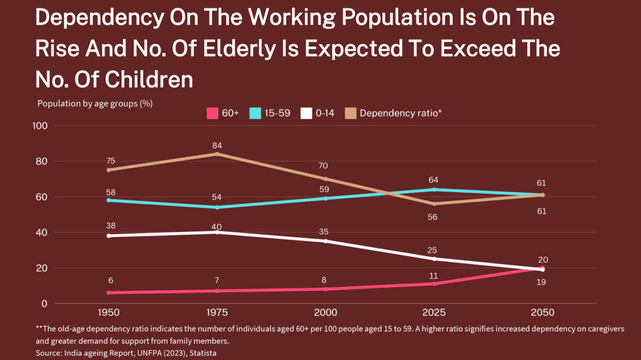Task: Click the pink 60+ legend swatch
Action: pyautogui.click(x=213, y=113)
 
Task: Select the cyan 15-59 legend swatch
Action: pyautogui.click(x=256, y=113)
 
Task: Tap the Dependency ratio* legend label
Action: pyautogui.click(x=400, y=113)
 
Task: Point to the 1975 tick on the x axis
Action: pyautogui.click(x=217, y=313)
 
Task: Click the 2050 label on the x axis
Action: pyautogui.click(x=542, y=313)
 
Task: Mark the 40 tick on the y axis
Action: pyautogui.click(x=43, y=232)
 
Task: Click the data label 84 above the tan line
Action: pyautogui.click(x=218, y=145)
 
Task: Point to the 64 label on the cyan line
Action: pyautogui.click(x=434, y=180)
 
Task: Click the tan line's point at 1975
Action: pyautogui.click(x=218, y=154)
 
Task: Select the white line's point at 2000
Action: pyautogui.click(x=325, y=241)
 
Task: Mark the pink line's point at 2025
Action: pyautogui.click(x=434, y=284)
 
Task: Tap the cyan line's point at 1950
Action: pyautogui.click(x=108, y=201)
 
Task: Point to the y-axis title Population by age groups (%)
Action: pyautogui.click(x=95, y=104)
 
